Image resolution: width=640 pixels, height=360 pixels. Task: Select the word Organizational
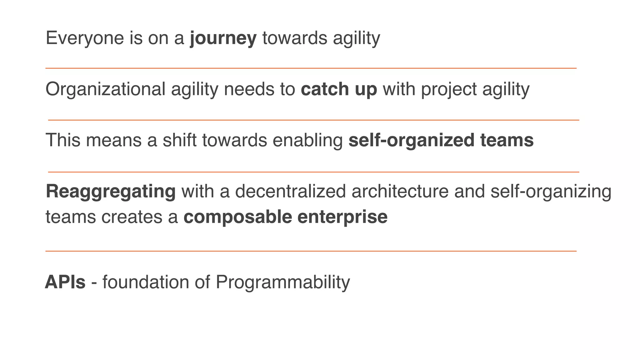coord(105,89)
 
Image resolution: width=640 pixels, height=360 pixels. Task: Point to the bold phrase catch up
coord(339,89)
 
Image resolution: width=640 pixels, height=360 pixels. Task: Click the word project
coord(449,89)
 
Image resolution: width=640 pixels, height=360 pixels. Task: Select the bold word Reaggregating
coord(111,191)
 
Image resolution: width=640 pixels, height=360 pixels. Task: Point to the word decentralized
coord(290,191)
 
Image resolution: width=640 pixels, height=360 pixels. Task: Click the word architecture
coord(400,191)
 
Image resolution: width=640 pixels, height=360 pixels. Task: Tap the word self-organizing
coord(551,191)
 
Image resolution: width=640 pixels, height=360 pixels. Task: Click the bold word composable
coord(237,217)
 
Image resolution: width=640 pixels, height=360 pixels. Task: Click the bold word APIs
coord(65,282)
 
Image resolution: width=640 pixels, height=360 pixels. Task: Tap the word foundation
coord(146,282)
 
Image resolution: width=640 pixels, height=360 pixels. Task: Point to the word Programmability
coord(282,282)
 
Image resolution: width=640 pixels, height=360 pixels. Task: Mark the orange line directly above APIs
coord(311,251)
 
